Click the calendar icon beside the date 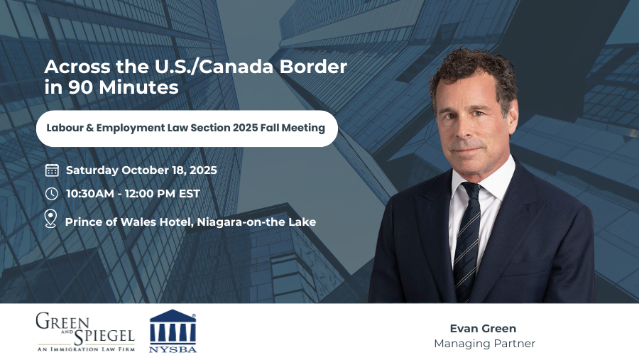click(52, 170)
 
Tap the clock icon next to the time click(51, 194)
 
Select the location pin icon click(50, 219)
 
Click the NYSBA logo click(173, 331)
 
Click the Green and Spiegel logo click(85, 332)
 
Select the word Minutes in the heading click(138, 87)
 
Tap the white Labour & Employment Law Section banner click(187, 129)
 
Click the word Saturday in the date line click(92, 170)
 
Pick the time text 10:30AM click(90, 194)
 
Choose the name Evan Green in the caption click(483, 329)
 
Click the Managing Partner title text click(484, 344)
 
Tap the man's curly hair click(473, 71)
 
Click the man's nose click(464, 129)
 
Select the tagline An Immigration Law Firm click(86, 349)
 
